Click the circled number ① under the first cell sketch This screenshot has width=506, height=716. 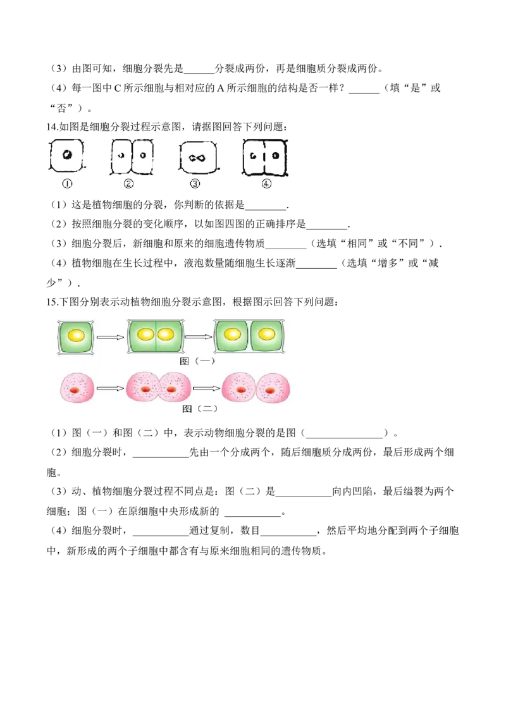(67, 183)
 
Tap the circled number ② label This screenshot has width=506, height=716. (129, 183)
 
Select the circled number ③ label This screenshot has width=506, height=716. (195, 183)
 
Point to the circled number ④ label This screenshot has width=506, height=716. (266, 183)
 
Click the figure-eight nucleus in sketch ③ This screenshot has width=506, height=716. (197, 159)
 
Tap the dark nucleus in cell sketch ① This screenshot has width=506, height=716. (67, 154)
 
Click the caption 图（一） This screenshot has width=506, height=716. (197, 361)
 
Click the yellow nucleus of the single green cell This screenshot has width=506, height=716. (77, 336)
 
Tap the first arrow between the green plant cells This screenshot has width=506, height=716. (111, 337)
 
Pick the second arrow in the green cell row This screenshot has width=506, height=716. (199, 337)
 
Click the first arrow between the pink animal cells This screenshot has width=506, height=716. (111, 388)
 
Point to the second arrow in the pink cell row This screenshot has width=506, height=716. (206, 388)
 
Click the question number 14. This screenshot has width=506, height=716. (52, 127)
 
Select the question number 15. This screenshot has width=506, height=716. (52, 302)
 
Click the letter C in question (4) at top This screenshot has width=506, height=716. (117, 88)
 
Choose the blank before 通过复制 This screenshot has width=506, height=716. (160, 534)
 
